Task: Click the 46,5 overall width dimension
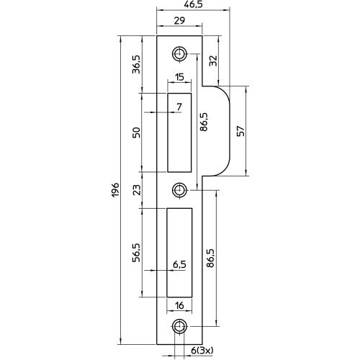click(x=192, y=4)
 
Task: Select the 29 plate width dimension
click(x=179, y=21)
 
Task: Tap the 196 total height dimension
click(x=115, y=190)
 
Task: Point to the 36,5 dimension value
click(x=136, y=64)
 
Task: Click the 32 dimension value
click(x=213, y=60)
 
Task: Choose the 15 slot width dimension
click(x=179, y=77)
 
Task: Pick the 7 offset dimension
click(x=179, y=107)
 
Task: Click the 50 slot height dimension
click(x=136, y=132)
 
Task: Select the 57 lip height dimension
click(x=241, y=131)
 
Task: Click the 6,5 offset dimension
click(x=179, y=264)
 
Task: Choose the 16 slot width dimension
click(x=179, y=305)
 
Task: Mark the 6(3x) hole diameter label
click(x=202, y=351)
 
